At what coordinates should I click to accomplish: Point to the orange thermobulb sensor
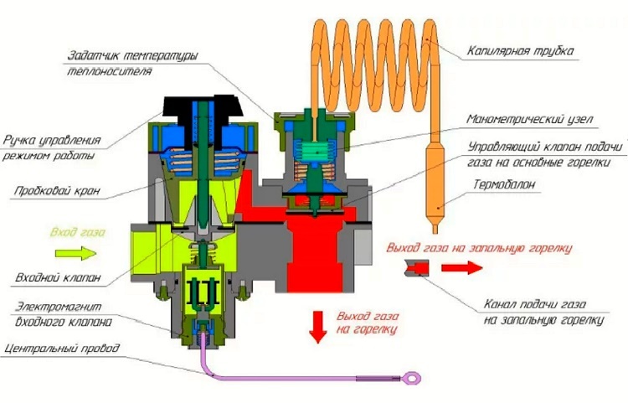(x=439, y=180)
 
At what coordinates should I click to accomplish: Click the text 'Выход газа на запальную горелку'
(x=479, y=247)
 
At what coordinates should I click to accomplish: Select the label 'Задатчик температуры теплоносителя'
(x=131, y=64)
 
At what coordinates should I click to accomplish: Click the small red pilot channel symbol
(x=416, y=267)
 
